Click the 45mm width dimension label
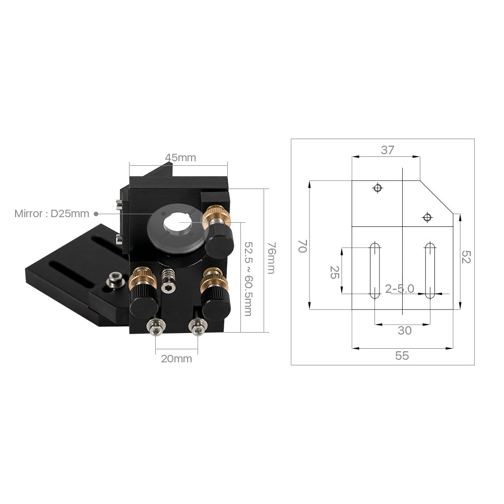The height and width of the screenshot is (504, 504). point(180,158)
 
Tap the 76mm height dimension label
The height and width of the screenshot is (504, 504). point(271,258)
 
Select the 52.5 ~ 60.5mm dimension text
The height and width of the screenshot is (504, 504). point(247,278)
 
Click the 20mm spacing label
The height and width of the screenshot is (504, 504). point(176,359)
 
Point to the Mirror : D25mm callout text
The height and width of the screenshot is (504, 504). point(51,214)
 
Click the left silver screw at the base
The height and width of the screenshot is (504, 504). point(155,329)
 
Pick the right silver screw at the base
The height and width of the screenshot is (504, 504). point(197,329)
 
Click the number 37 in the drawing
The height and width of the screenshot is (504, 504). point(387,150)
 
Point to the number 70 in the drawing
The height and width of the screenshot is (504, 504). point(302,246)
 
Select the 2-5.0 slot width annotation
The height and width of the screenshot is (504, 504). point(400,288)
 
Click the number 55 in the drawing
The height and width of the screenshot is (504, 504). point(402,356)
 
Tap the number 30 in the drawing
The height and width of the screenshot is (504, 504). point(404,331)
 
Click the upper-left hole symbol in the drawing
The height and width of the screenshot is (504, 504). point(377,188)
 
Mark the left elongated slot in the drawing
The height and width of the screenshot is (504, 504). point(374,270)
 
